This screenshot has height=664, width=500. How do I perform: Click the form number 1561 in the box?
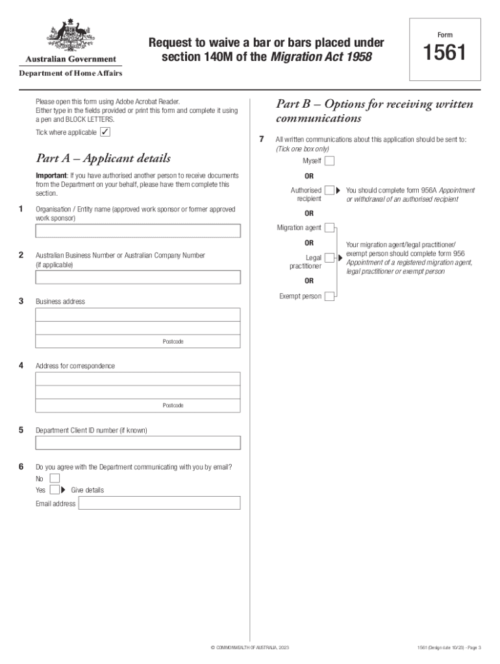[444, 53]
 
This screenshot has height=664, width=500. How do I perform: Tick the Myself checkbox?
[330, 161]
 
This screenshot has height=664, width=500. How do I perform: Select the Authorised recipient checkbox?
[330, 190]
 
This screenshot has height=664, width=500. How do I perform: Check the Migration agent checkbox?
[330, 228]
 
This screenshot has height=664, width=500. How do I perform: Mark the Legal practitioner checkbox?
[330, 257]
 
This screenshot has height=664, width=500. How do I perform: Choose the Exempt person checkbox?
[330, 296]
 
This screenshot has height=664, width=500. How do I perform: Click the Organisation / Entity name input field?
[138, 231]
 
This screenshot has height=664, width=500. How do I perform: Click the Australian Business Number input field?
[138, 278]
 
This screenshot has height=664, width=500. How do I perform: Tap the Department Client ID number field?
[138, 443]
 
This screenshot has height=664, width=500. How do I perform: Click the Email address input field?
[159, 503]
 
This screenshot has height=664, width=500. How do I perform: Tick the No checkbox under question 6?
[55, 479]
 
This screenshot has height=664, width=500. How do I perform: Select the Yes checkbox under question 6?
[55, 490]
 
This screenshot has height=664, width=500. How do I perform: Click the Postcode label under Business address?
[173, 342]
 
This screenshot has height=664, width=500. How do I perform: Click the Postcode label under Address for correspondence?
[173, 406]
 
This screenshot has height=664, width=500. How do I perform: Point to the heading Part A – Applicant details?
[103, 158]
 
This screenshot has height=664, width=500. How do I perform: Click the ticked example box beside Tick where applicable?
[105, 132]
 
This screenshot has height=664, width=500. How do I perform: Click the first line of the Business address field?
[138, 314]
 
